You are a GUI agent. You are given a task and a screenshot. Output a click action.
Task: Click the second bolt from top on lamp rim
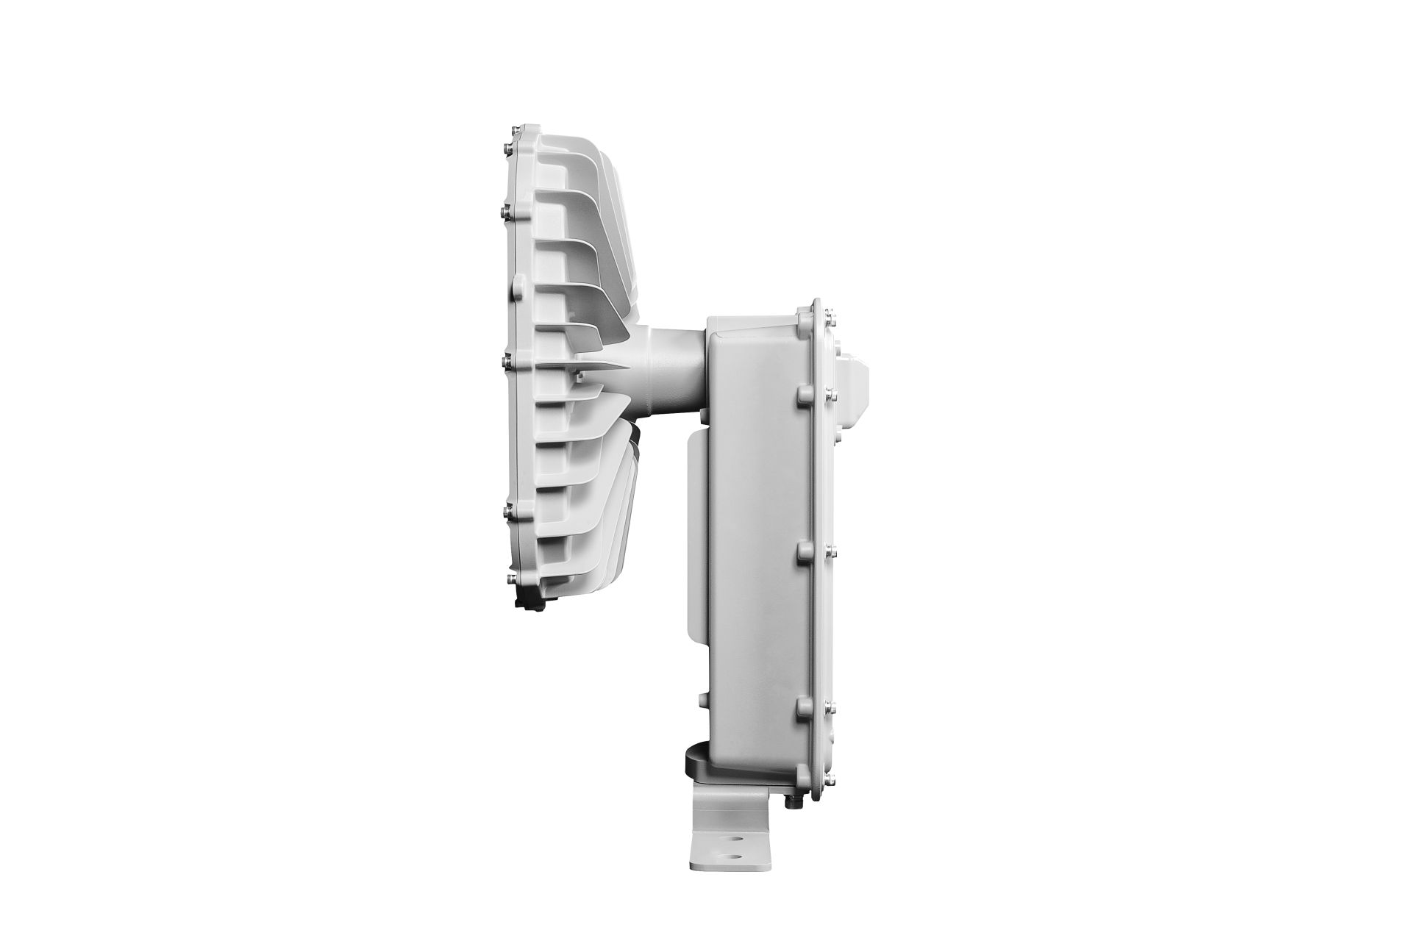click(x=507, y=211)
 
